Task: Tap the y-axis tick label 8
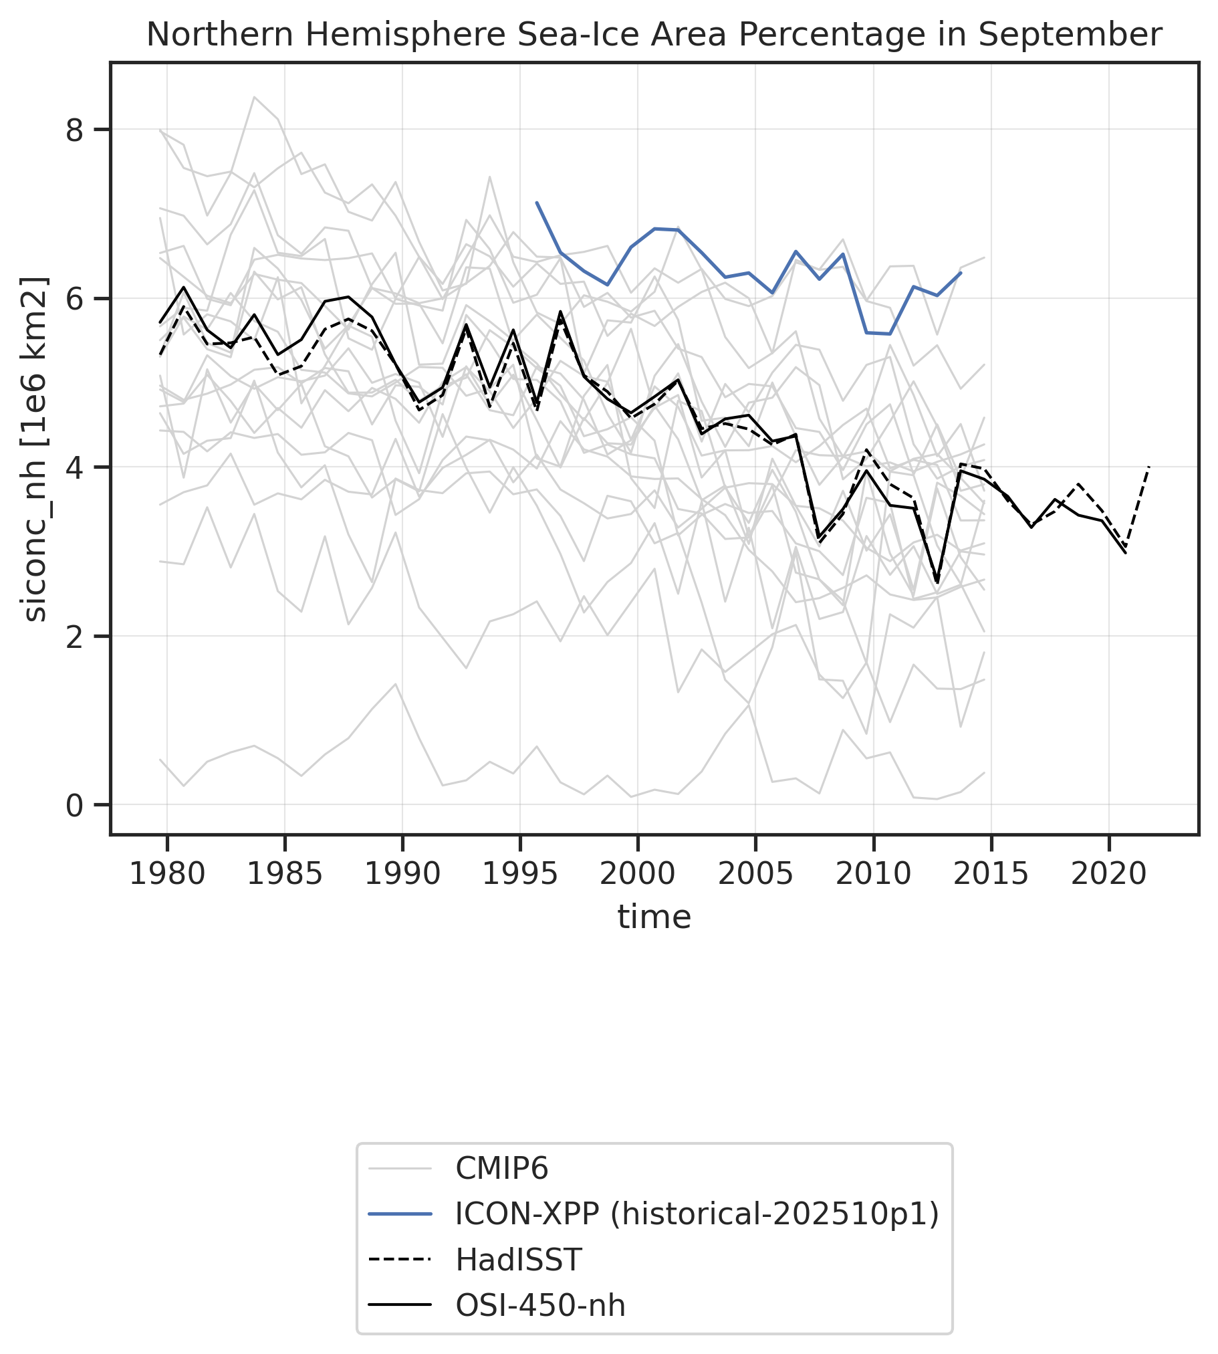[78, 129]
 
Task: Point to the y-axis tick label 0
[78, 806]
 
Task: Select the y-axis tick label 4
[78, 467]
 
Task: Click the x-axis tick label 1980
[166, 874]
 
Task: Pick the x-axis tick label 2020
[1109, 874]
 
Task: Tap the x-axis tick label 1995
[520, 874]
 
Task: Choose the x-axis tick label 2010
[873, 874]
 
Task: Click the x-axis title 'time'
[654, 917]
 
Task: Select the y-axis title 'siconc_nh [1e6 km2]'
[35, 449]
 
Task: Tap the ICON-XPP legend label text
[697, 1214]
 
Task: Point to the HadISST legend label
[519, 1260]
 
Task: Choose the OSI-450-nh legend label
[540, 1305]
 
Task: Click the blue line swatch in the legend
[400, 1214]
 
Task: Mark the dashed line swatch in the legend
[400, 1260]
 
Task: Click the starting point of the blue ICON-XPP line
[537, 202]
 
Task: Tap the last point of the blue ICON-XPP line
[961, 272]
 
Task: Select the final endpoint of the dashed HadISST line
[1149, 467]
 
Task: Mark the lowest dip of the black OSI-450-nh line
[937, 582]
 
